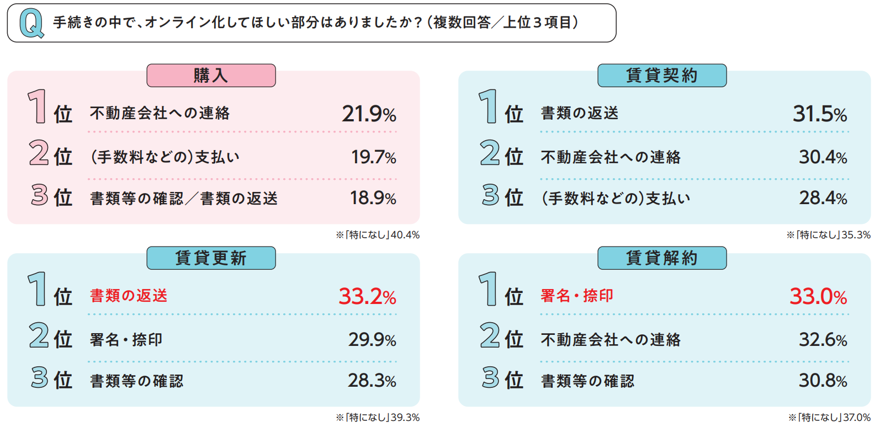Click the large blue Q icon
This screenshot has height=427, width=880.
(31, 24)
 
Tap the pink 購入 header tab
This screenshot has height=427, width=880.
(211, 76)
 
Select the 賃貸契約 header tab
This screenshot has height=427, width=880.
(661, 76)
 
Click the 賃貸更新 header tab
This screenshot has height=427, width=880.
(211, 258)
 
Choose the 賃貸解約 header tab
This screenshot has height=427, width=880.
(661, 258)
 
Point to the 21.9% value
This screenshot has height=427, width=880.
(369, 114)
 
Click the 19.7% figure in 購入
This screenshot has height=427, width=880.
(374, 157)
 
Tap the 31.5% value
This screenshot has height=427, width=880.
(820, 114)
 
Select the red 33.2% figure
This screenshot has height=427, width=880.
(367, 297)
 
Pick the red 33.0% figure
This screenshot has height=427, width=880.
(818, 297)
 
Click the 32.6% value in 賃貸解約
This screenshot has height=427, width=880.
(823, 340)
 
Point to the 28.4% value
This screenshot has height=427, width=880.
(823, 198)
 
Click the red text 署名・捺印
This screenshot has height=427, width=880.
(577, 296)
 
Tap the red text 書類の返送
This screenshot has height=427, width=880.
(129, 296)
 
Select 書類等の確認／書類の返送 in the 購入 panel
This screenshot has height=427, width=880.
(184, 199)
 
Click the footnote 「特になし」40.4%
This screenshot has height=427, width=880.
(378, 235)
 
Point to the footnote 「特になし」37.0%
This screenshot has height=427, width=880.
(830, 418)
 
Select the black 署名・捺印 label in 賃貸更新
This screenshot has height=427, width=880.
(126, 340)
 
